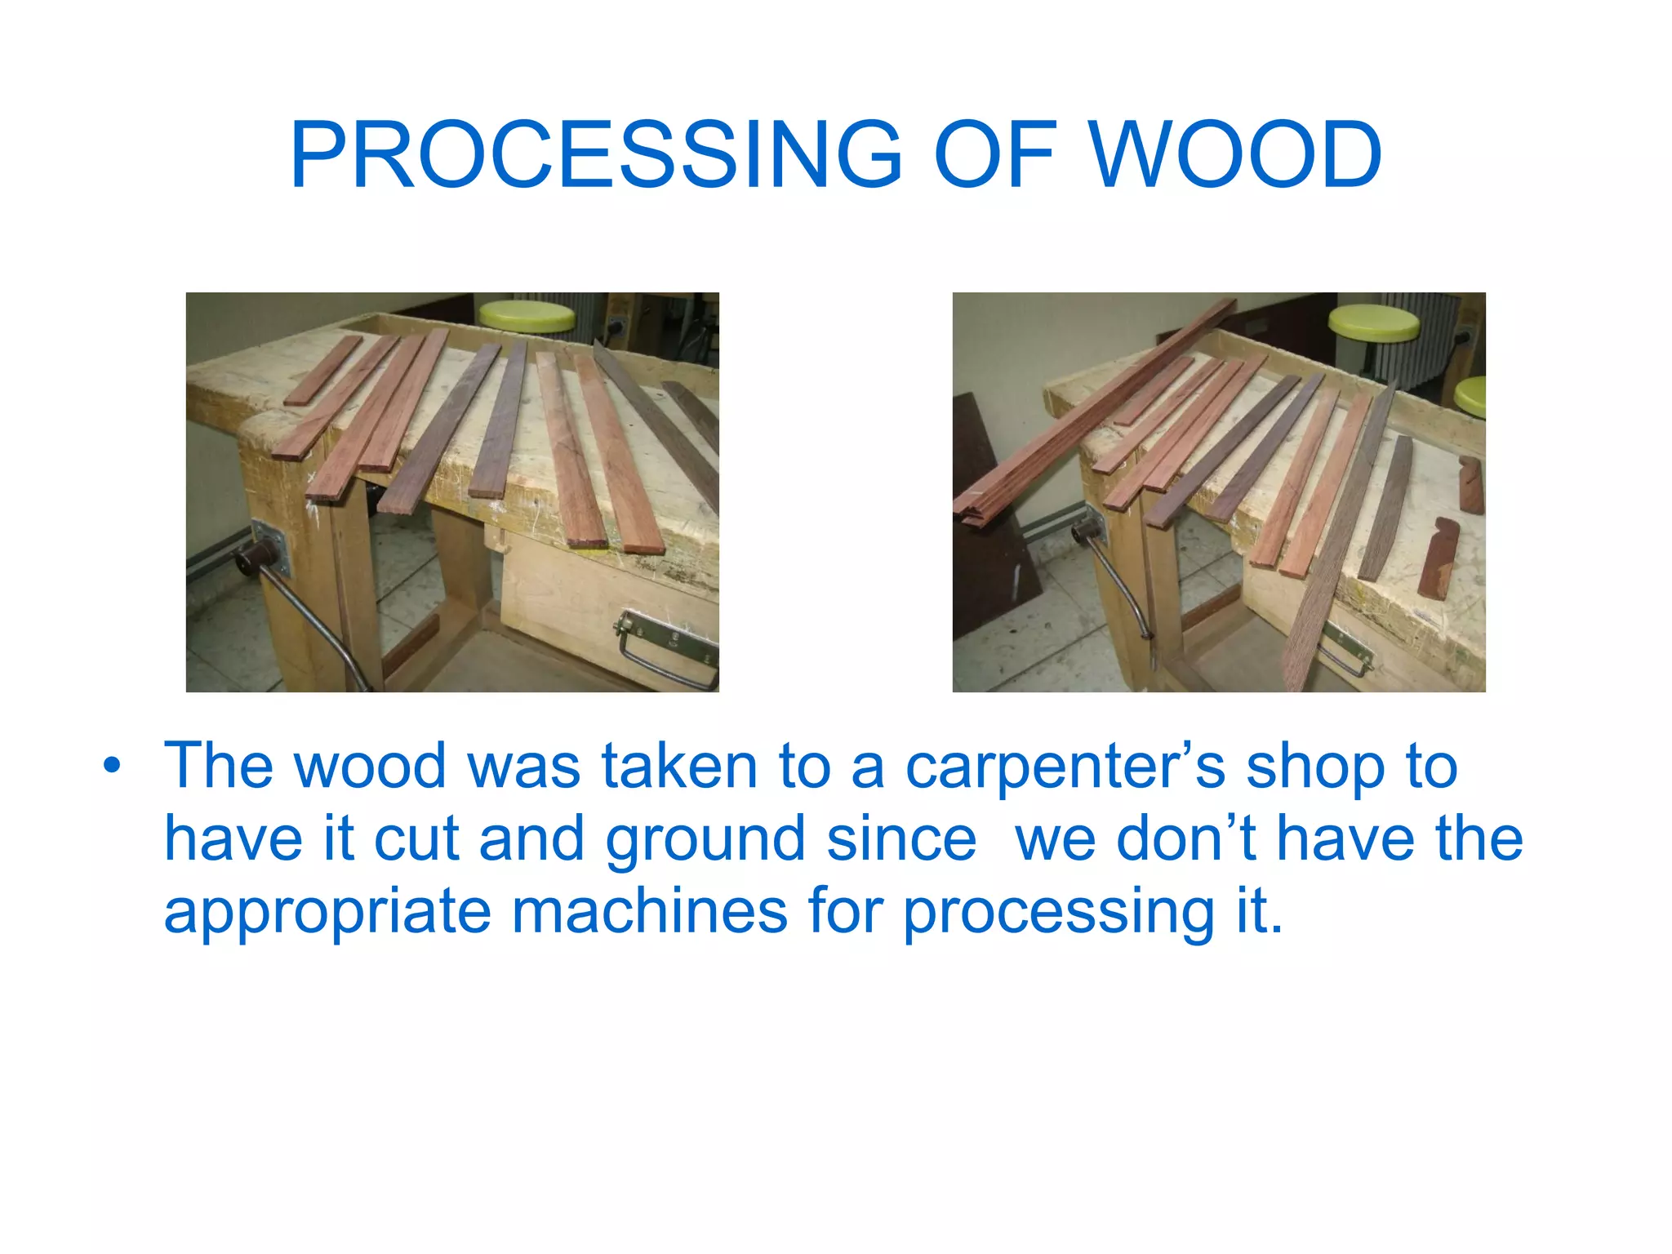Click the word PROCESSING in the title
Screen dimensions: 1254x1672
pyautogui.click(x=596, y=155)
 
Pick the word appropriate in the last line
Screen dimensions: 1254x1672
pyautogui.click(x=327, y=912)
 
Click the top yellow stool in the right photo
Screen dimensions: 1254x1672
pyautogui.click(x=1373, y=322)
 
